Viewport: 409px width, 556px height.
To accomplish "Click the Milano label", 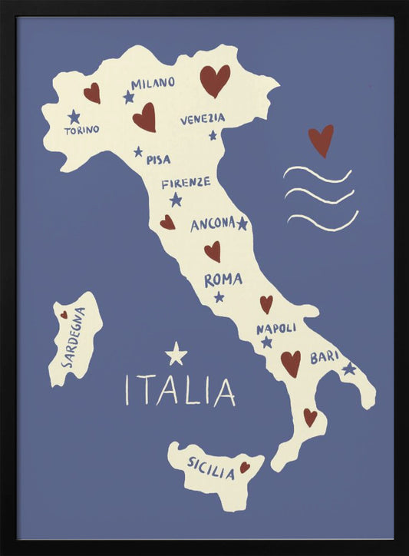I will [x=153, y=83].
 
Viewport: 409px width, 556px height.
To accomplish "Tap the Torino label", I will [x=81, y=131].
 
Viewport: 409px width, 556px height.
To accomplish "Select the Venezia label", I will [x=203, y=119].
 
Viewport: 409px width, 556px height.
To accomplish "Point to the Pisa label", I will [x=158, y=160].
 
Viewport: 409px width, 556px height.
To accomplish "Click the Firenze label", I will [x=186, y=183].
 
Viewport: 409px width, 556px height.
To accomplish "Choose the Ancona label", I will [x=213, y=224].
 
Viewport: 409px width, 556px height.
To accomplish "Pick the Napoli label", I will [x=276, y=328].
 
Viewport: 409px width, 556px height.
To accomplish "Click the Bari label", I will [x=324, y=357].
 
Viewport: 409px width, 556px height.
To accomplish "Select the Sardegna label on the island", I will [x=74, y=338].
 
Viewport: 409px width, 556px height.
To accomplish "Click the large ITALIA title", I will [x=180, y=390].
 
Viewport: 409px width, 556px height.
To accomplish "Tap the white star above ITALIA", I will [x=176, y=354].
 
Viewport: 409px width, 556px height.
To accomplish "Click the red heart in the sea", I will [x=321, y=140].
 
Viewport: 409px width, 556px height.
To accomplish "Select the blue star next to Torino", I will [x=74, y=117].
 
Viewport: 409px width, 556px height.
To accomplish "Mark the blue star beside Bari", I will [x=349, y=369].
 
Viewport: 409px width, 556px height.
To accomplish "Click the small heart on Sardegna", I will [x=64, y=314].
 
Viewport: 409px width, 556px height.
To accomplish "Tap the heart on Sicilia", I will [x=245, y=467].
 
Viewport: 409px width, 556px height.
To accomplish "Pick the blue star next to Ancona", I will [x=242, y=223].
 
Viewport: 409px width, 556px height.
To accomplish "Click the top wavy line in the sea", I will [x=317, y=174].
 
